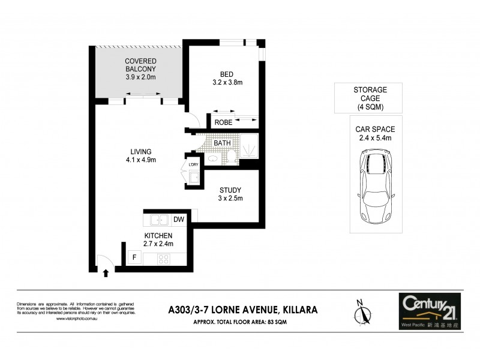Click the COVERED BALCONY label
(x=140, y=65)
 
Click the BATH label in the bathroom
(x=222, y=143)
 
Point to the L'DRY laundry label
(x=193, y=165)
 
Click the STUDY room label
(x=230, y=190)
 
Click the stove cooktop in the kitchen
(x=163, y=259)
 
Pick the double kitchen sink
(x=159, y=220)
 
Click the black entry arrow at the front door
(x=106, y=273)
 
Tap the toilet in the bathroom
(x=231, y=157)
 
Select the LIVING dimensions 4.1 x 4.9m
(x=142, y=160)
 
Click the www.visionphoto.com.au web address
(x=77, y=319)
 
